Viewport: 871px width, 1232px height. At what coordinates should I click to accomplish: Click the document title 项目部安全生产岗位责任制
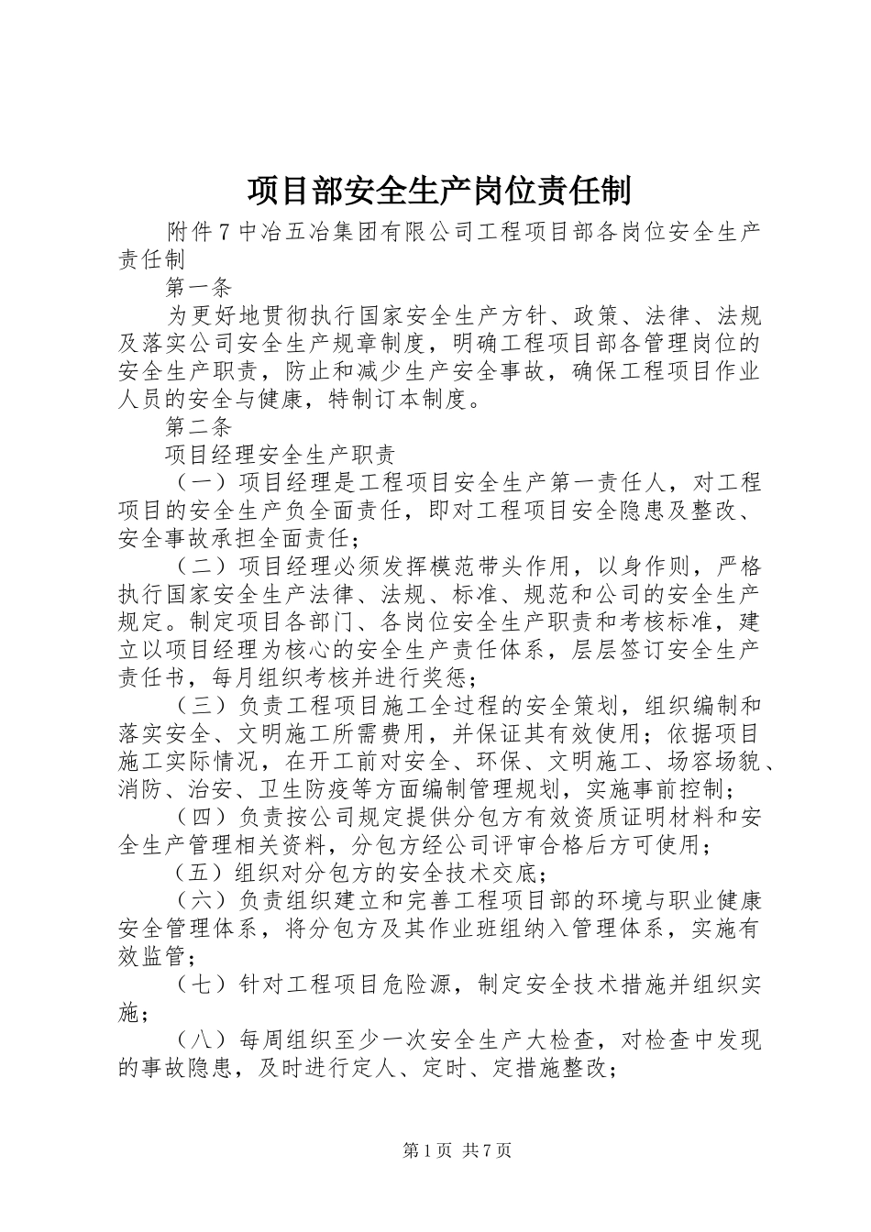(438, 192)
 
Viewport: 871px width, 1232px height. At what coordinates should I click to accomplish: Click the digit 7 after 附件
(226, 233)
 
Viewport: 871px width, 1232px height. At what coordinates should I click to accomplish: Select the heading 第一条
(199, 288)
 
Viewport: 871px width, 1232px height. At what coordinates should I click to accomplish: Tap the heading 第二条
(199, 425)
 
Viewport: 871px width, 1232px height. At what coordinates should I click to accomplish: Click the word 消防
(141, 789)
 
